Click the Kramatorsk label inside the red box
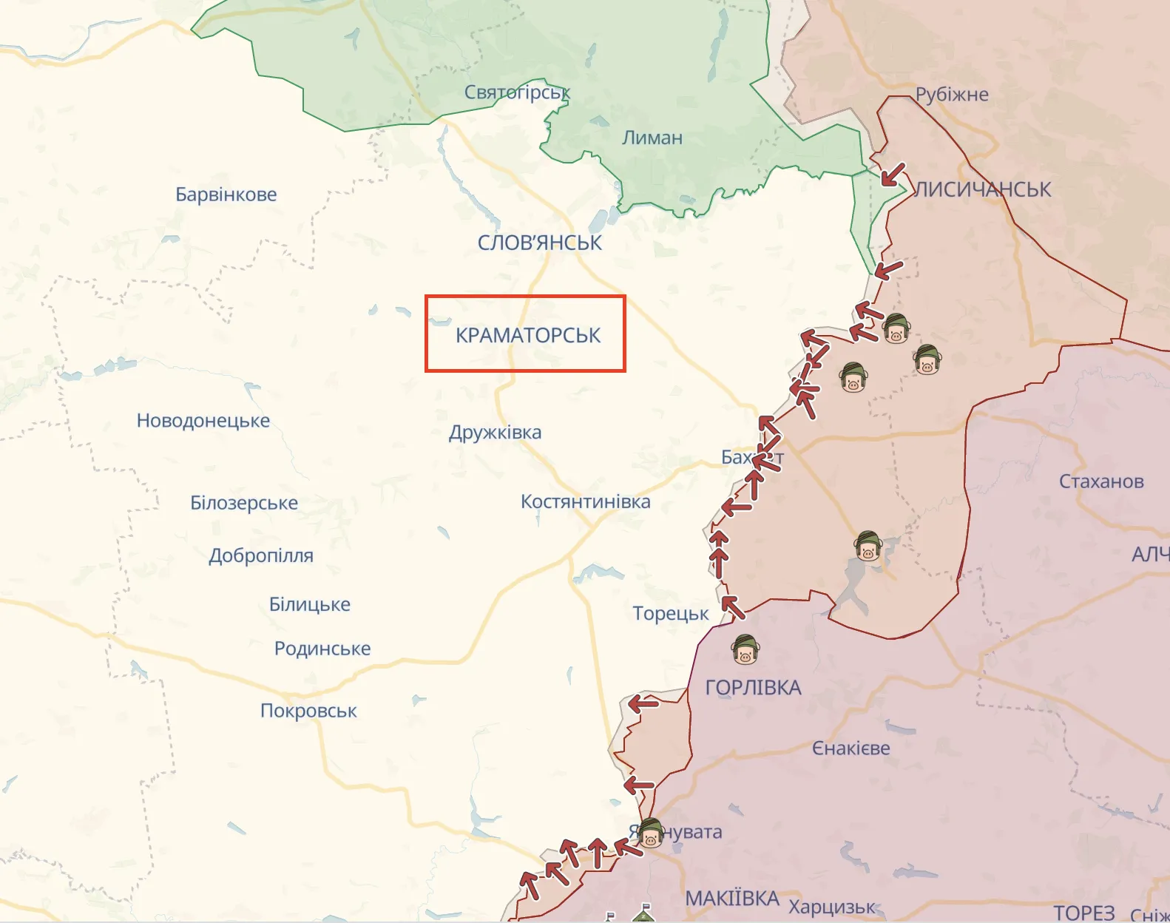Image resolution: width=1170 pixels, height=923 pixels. pyautogui.click(x=528, y=335)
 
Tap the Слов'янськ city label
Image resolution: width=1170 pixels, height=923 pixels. pyautogui.click(x=539, y=243)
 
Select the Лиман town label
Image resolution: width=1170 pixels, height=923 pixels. pyautogui.click(x=652, y=138)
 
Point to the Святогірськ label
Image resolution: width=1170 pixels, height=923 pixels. pyautogui.click(x=517, y=92)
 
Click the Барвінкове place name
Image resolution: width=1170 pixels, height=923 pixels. pyautogui.click(x=226, y=195)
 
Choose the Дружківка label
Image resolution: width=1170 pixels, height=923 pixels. pyautogui.click(x=495, y=432)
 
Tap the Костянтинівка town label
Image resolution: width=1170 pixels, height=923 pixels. pyautogui.click(x=585, y=501)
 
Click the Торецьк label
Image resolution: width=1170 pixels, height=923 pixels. pyautogui.click(x=670, y=613)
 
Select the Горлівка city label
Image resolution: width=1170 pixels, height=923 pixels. pyautogui.click(x=753, y=688)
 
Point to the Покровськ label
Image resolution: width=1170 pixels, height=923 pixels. pyautogui.click(x=308, y=711)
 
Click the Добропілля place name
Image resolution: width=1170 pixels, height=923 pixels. pyautogui.click(x=260, y=555)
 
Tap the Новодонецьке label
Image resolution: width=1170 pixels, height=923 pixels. pyautogui.click(x=203, y=421)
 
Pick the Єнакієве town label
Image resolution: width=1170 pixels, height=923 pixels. pyautogui.click(x=851, y=748)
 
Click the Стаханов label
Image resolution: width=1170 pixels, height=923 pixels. pyautogui.click(x=1100, y=481)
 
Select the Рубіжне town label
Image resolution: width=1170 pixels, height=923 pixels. pyautogui.click(x=951, y=95)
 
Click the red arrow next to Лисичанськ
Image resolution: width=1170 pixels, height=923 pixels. pyautogui.click(x=892, y=175)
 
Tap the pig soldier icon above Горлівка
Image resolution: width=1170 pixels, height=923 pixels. pyautogui.click(x=745, y=649)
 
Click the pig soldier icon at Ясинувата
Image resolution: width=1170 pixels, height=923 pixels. pyautogui.click(x=650, y=834)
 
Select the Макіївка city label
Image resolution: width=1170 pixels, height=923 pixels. pyautogui.click(x=731, y=898)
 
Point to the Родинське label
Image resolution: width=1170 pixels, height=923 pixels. pyautogui.click(x=322, y=649)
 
